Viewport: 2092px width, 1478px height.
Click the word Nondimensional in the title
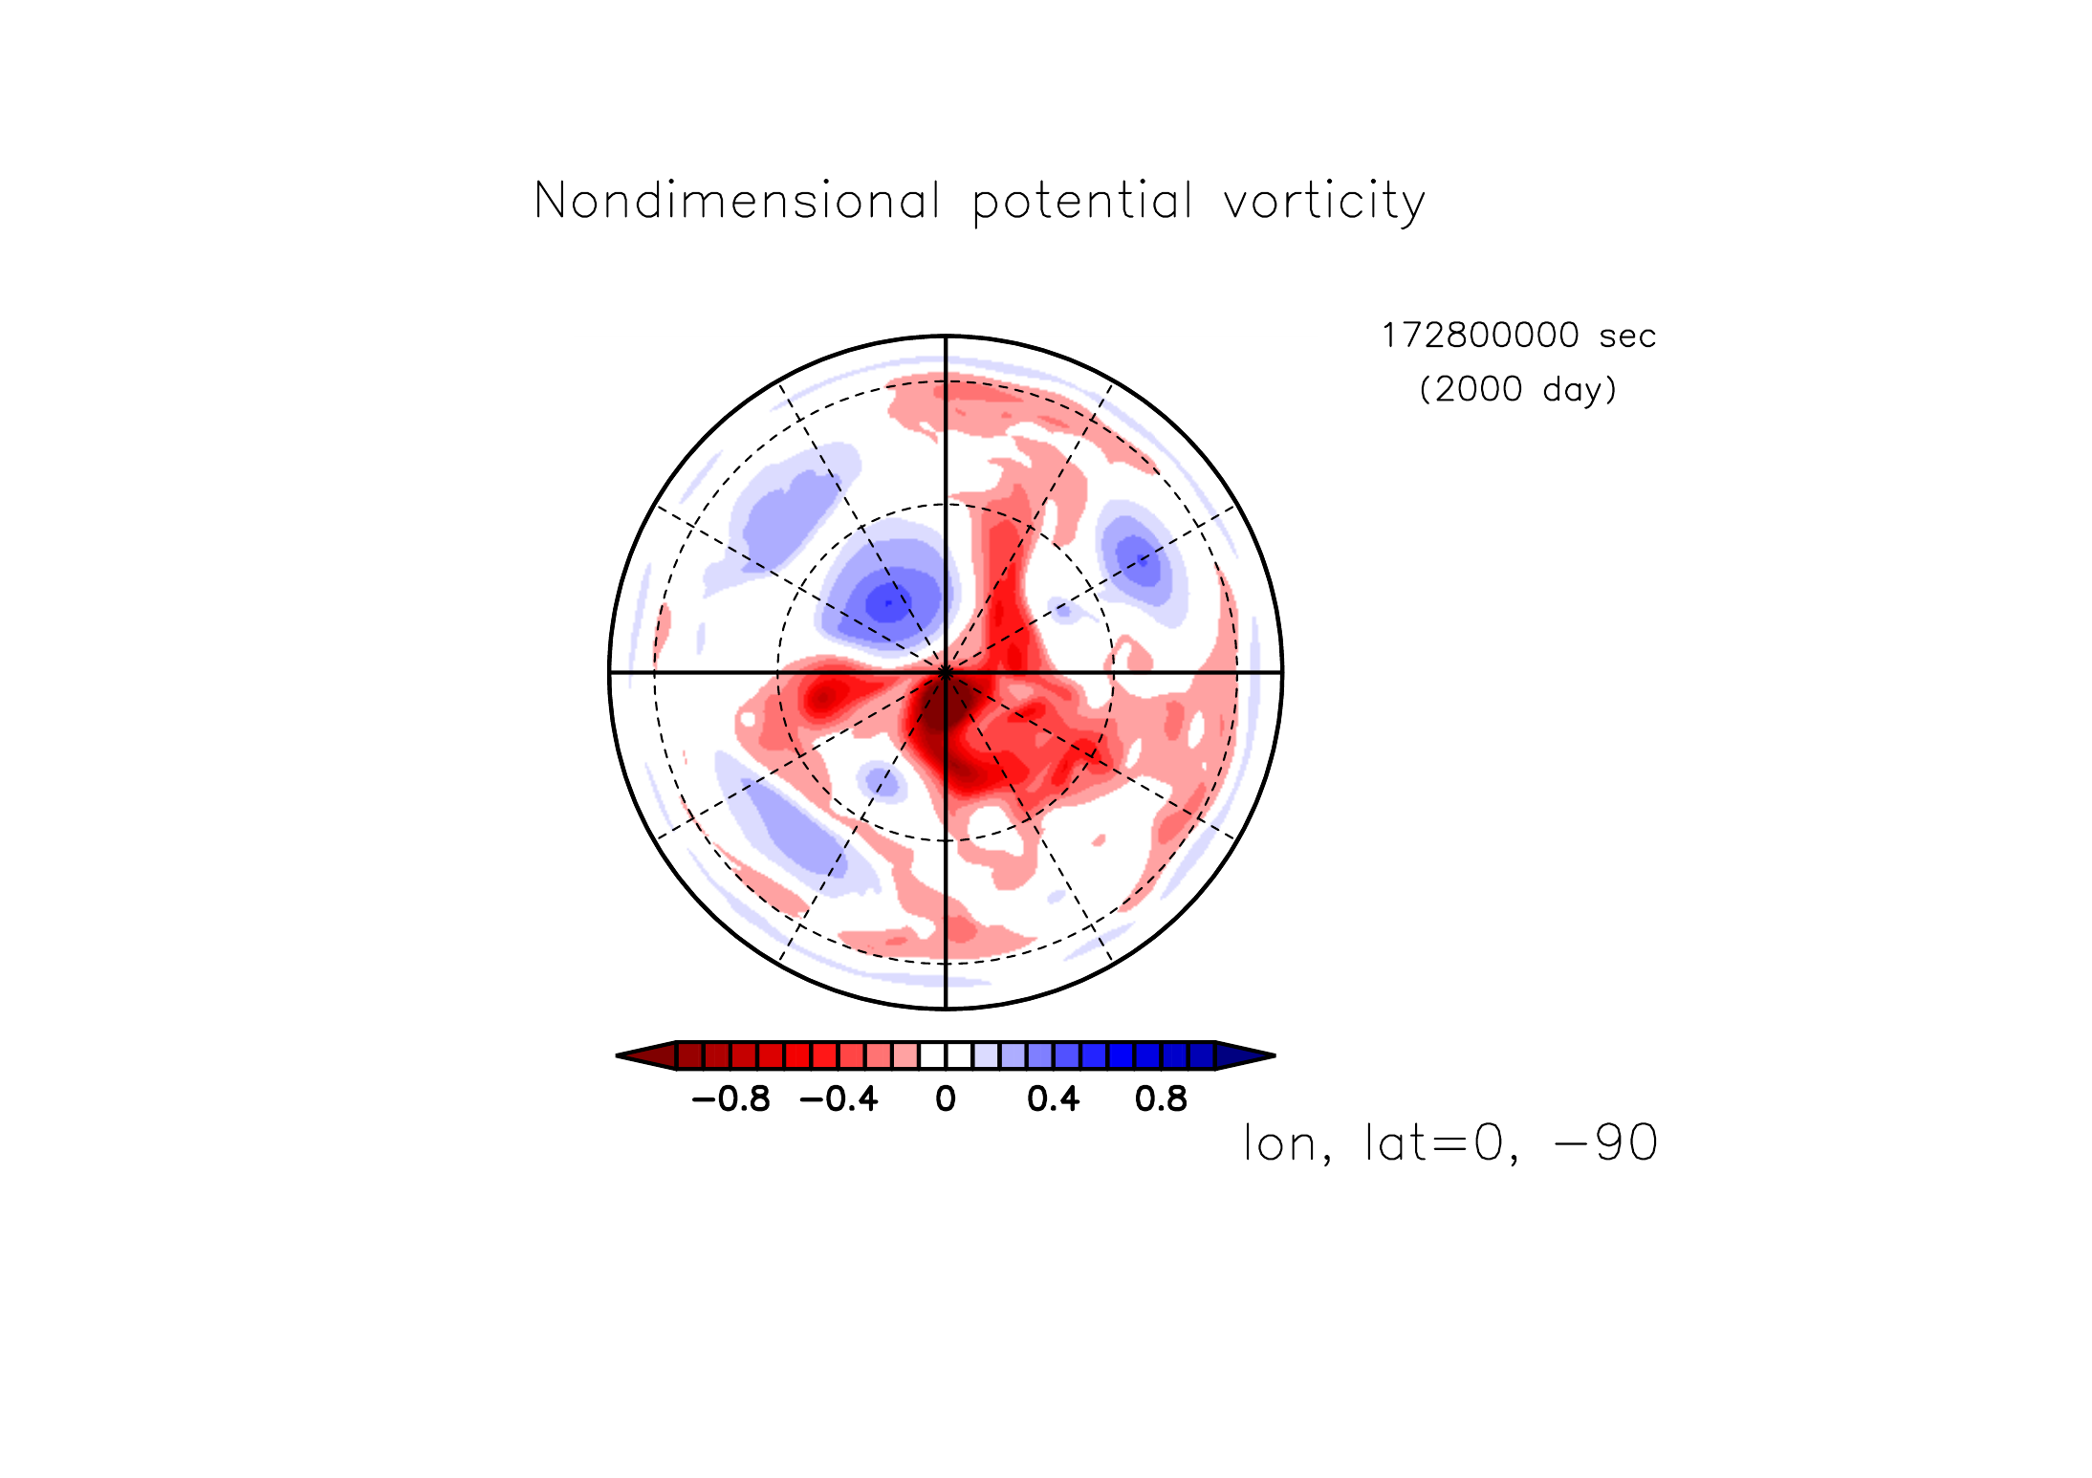(x=737, y=201)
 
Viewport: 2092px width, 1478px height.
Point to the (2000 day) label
(x=1518, y=389)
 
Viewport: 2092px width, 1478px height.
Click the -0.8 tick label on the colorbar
(x=730, y=1099)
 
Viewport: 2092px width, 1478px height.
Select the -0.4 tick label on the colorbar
(x=839, y=1099)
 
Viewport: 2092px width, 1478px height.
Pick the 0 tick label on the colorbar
(x=946, y=1099)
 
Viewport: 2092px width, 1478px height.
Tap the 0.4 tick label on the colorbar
(x=1054, y=1099)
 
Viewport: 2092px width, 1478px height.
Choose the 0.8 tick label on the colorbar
(x=1161, y=1099)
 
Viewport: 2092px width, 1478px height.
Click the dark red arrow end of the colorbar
(x=646, y=1055)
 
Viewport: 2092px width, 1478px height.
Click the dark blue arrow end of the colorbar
(x=1245, y=1055)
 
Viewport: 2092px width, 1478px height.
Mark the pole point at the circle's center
(x=946, y=673)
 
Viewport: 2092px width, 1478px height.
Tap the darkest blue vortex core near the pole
(x=889, y=603)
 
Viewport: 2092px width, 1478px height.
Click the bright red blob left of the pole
(x=823, y=695)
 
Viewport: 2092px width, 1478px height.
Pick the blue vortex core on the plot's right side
(x=1138, y=559)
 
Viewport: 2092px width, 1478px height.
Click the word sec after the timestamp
(x=1627, y=337)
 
